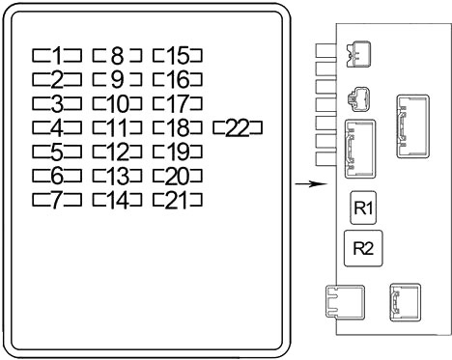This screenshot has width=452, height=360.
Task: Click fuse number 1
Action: pos(57,55)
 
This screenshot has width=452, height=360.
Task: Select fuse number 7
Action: pos(57,200)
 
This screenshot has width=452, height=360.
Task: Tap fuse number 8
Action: pos(117,55)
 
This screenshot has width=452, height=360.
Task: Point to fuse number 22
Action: pos(238,127)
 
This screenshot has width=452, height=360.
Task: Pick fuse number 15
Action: pos(178,55)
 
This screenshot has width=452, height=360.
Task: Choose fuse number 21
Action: pos(178,200)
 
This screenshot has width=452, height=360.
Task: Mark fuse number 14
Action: pos(117,200)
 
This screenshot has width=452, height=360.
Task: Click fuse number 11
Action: pos(117,127)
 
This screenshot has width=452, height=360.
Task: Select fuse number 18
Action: pos(178,127)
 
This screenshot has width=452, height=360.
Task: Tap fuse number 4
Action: pos(57,127)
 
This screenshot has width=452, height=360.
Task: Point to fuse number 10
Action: pos(117,103)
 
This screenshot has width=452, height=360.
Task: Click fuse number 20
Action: pos(178,176)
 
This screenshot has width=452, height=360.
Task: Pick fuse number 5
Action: pos(57,152)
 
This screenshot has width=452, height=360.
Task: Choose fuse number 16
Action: pos(178,79)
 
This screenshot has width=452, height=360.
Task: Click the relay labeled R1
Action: pos(363,208)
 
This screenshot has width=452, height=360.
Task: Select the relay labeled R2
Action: pos(363,248)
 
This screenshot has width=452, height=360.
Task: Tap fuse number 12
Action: pos(117,152)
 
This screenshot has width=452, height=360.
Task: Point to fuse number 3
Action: pos(57,103)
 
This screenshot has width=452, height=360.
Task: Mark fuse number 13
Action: pos(117,176)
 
